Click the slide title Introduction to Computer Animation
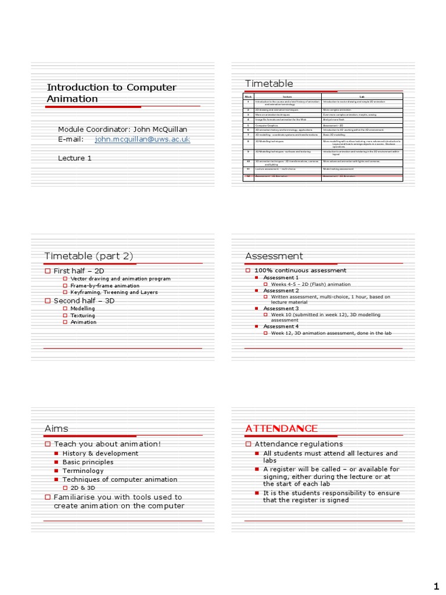111,93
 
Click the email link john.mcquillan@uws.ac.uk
142,140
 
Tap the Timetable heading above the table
269,84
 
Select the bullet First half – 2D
78,271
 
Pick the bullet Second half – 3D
84,301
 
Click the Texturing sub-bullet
82,316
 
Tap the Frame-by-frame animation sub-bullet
105,286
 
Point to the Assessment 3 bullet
281,309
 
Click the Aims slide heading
56,429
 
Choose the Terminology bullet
83,471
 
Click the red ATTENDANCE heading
281,429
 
